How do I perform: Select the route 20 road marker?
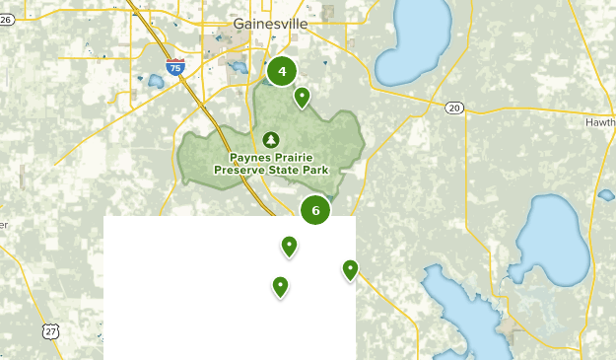click(452, 108)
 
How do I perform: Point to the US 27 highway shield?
click(51, 332)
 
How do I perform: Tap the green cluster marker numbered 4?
click(283, 71)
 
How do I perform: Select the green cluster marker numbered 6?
click(315, 209)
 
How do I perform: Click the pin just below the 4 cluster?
click(302, 97)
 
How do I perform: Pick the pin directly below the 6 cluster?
click(289, 246)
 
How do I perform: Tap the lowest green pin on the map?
click(281, 286)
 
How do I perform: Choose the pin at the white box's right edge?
click(350, 269)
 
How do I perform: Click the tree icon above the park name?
click(271, 139)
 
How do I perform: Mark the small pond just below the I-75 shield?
click(156, 82)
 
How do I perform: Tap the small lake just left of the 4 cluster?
click(238, 68)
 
